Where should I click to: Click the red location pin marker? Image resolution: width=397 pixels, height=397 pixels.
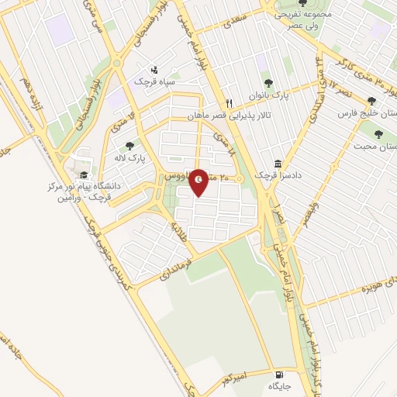click(x=199, y=181)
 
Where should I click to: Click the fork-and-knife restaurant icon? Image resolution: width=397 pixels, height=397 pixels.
click(x=229, y=103)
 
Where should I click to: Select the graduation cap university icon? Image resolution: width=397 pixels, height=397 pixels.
click(x=84, y=176)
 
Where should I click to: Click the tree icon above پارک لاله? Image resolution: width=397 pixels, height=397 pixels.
click(x=129, y=145)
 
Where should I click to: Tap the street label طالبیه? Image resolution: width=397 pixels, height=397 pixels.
click(x=178, y=230)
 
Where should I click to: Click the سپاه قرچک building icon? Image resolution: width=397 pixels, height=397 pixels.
click(x=154, y=69)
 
